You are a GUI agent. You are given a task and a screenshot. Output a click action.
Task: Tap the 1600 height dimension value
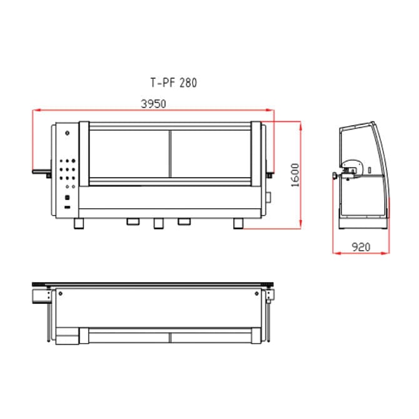[295, 174]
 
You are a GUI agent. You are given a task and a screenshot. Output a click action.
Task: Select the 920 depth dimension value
[361, 247]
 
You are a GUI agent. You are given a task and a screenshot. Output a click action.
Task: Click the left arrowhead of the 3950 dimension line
[35, 111]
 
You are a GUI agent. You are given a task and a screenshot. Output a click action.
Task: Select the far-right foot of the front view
[240, 223]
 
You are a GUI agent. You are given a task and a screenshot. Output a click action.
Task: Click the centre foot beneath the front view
[158, 222]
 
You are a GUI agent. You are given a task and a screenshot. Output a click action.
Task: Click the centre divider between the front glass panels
[169, 156]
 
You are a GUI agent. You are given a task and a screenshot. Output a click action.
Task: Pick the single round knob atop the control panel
[68, 133]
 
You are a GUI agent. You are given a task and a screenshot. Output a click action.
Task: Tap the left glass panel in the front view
[129, 156]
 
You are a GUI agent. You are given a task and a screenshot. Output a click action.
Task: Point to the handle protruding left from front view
[42, 169]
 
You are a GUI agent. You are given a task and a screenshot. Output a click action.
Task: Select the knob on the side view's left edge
[336, 175]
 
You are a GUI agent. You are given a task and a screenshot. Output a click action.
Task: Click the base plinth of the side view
[363, 222]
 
